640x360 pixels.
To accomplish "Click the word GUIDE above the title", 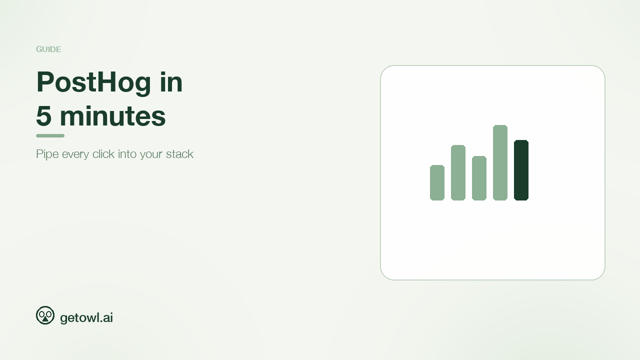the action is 48,49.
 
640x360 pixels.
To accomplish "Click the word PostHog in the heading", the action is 93,83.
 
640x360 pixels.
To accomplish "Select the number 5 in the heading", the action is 44,116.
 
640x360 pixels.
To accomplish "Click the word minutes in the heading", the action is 112,116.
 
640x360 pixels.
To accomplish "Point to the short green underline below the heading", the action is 50,135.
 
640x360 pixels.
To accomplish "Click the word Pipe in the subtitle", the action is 47,154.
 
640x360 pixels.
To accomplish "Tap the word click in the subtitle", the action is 103,154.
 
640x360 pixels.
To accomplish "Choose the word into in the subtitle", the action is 127,154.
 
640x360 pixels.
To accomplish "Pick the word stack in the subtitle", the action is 179,154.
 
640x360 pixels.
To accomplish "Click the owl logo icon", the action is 45,315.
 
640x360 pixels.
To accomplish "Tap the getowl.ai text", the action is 86,317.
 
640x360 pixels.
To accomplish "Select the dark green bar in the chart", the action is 521,170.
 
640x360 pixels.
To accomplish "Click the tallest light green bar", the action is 500,162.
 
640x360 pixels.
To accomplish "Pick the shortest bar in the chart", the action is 437,182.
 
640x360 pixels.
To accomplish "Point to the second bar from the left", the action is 458,172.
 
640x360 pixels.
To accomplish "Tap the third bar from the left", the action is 479,178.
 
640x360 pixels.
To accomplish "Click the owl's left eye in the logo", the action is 41,315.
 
